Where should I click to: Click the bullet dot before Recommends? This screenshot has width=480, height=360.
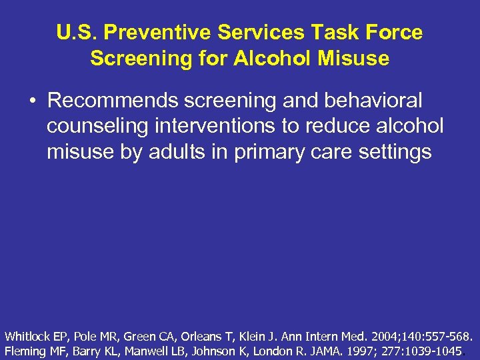pos(32,101)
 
